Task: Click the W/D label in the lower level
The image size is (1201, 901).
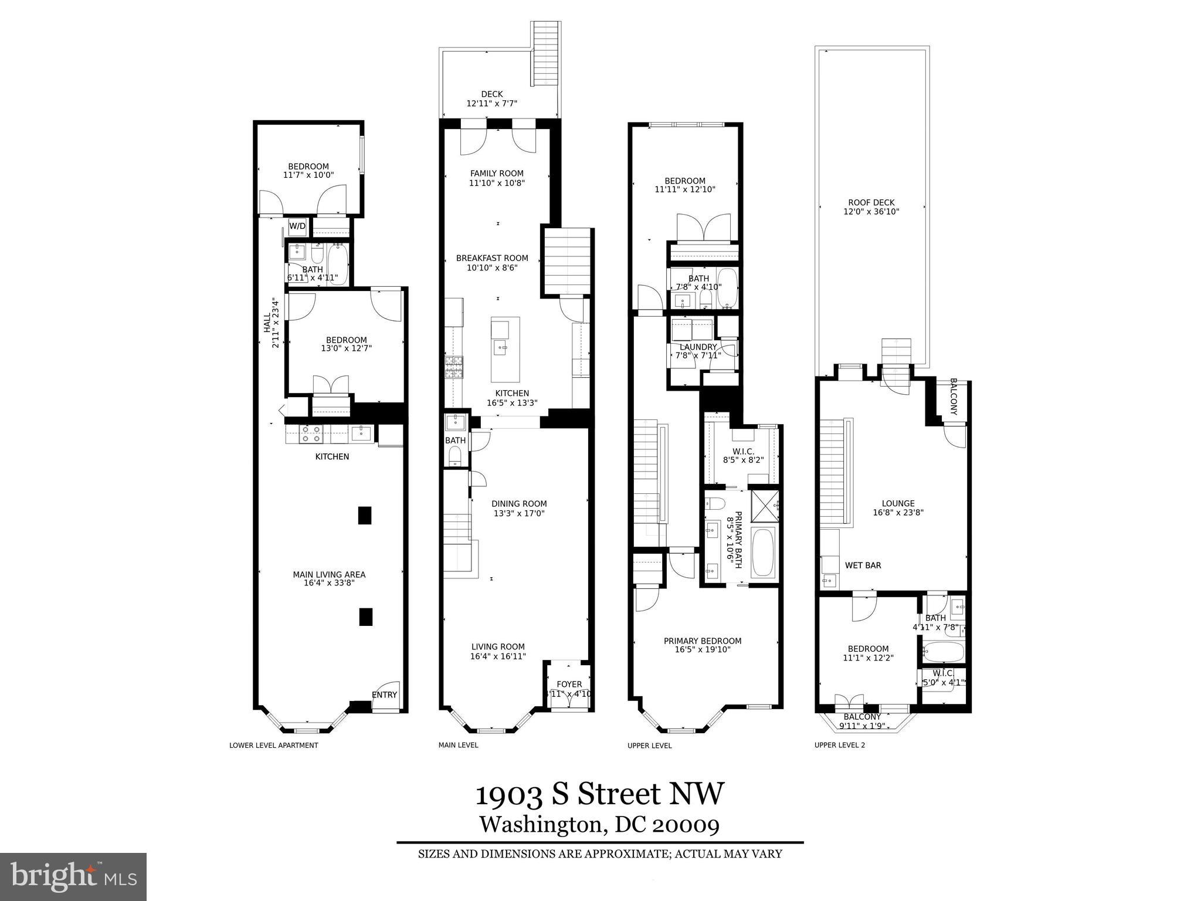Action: (297, 226)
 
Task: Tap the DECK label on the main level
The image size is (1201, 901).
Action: (491, 94)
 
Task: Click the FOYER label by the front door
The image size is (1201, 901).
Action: (569, 684)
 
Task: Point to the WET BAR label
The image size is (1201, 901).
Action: (863, 565)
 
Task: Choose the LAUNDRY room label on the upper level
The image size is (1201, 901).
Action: (698, 347)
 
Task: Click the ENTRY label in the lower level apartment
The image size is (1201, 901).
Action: (384, 695)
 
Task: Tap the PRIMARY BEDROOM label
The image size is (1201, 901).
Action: (702, 641)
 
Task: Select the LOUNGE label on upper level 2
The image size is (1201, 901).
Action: (898, 503)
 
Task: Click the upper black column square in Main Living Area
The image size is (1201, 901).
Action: (365, 515)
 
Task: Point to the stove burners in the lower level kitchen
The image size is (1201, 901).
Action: (310, 434)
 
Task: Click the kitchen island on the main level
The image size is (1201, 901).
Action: (505, 349)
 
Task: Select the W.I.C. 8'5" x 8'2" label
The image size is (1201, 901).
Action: (742, 456)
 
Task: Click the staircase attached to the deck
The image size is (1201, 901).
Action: (545, 53)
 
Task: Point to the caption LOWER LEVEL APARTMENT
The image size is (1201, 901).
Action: (273, 746)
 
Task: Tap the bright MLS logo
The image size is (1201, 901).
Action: (73, 876)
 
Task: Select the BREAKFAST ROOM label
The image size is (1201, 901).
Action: (492, 258)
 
